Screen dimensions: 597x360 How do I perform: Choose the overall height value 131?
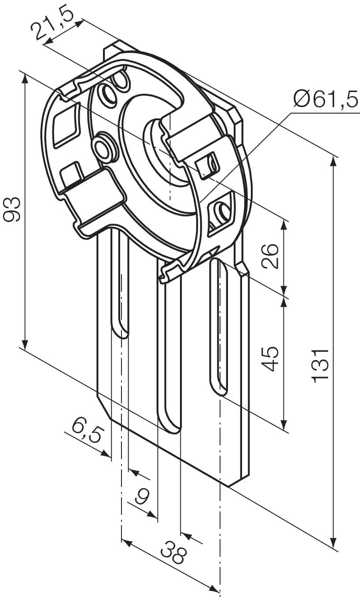[x=320, y=365]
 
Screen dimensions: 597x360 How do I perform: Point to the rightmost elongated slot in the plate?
[x=219, y=326]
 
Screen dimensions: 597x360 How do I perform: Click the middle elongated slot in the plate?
[x=169, y=352]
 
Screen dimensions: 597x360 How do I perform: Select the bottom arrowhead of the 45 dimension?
[x=284, y=425]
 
